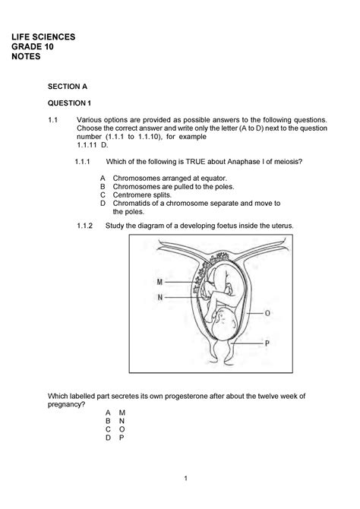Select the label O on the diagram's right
267,311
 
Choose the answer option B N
115,419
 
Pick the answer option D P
115,438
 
